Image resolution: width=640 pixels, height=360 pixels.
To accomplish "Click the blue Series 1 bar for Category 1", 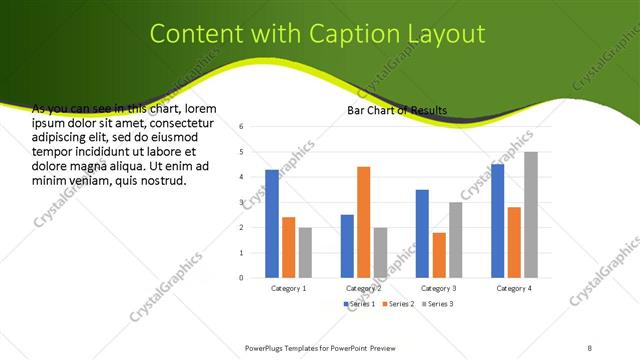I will [x=272, y=224].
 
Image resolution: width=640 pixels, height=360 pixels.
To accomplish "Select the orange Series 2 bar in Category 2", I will [x=363, y=222].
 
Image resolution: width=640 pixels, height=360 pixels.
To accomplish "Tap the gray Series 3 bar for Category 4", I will [x=530, y=215].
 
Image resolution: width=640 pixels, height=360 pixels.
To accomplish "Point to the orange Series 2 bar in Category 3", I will [x=438, y=255].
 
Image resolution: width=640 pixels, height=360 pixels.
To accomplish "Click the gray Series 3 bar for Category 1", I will [x=305, y=253].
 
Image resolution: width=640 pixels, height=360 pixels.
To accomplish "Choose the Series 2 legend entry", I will [x=397, y=303].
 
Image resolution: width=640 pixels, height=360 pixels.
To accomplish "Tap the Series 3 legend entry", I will [x=437, y=303].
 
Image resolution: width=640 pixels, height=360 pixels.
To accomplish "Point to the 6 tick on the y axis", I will [x=242, y=127].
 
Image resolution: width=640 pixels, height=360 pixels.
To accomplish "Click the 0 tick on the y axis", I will [x=242, y=278].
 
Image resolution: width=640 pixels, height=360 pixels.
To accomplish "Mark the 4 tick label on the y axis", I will [x=242, y=177].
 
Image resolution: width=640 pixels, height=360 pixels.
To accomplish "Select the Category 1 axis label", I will [x=289, y=288].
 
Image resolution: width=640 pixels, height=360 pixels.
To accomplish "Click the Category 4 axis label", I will [x=514, y=288].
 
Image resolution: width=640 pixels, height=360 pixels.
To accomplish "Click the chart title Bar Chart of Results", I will [x=397, y=109].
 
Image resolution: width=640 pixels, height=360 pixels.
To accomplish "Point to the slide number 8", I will [x=590, y=347].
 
